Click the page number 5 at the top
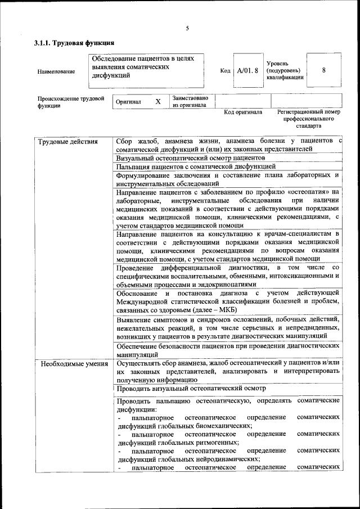(x=187, y=29)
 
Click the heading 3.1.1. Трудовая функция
(x=74, y=43)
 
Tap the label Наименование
(x=56, y=71)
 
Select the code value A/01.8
(x=247, y=71)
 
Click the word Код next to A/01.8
(x=225, y=71)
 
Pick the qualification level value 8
(x=323, y=70)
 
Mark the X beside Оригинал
(x=158, y=102)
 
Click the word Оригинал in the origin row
(x=128, y=102)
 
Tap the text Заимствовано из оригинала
(x=190, y=101)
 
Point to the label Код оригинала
(x=243, y=112)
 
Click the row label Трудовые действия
(x=67, y=141)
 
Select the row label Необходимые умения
(x=73, y=363)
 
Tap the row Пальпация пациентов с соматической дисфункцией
(x=196, y=166)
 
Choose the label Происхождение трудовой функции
(x=71, y=102)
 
